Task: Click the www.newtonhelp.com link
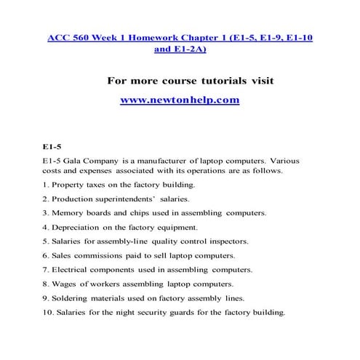tap(179, 100)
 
